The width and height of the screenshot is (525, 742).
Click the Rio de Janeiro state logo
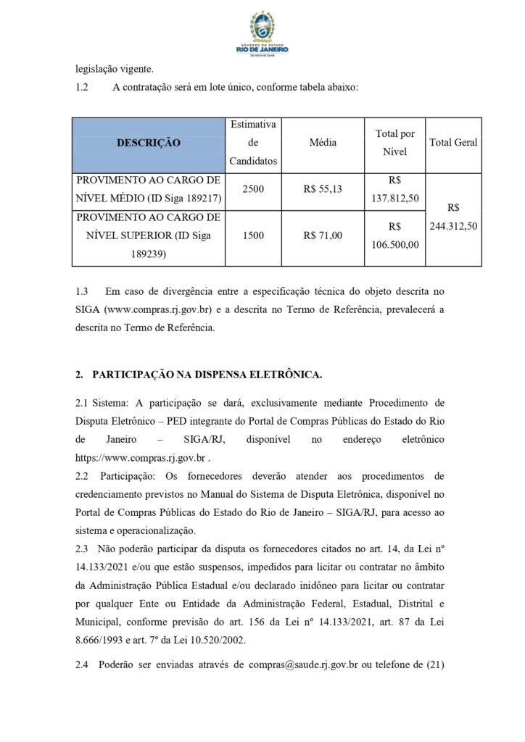click(x=262, y=32)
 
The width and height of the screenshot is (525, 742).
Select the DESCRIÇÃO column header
click(x=148, y=143)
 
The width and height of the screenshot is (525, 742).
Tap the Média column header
click(x=323, y=143)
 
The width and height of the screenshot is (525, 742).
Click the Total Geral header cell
click(x=453, y=143)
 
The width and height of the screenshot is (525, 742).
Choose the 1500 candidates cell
click(x=253, y=235)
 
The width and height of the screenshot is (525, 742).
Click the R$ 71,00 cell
click(x=323, y=235)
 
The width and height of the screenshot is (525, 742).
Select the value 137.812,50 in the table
click(x=395, y=198)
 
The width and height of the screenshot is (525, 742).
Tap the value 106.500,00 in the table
click(x=395, y=245)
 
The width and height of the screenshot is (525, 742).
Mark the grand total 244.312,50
click(x=453, y=226)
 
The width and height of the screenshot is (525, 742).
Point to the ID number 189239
click(x=148, y=254)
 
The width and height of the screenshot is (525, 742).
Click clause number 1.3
click(x=82, y=291)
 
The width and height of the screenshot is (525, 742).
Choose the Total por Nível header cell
click(x=395, y=143)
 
